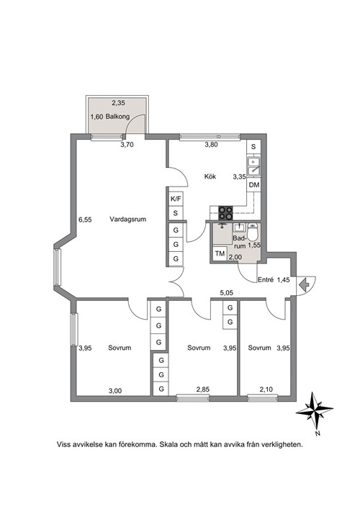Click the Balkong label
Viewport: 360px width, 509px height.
[x=117, y=117]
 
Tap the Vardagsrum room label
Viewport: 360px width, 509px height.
[x=128, y=219]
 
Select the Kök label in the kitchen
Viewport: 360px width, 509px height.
[x=210, y=176]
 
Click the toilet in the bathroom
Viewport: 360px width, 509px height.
[x=253, y=232]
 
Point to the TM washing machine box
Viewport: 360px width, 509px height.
[x=220, y=253]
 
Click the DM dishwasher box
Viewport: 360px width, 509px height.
[x=254, y=185]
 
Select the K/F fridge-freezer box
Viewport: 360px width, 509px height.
[x=176, y=199]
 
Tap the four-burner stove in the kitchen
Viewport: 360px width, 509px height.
[x=225, y=213]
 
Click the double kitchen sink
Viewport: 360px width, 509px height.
[x=253, y=166]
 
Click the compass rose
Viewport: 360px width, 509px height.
[x=314, y=410]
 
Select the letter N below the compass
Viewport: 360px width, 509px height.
[x=318, y=433]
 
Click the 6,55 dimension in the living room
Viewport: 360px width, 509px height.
[x=85, y=220]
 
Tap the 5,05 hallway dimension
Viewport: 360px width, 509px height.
[x=226, y=293]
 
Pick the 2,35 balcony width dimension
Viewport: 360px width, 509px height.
[x=119, y=103]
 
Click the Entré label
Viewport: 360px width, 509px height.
[x=266, y=279]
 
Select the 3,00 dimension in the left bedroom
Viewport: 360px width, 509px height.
[x=115, y=391]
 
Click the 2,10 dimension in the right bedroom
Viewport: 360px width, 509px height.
[x=266, y=389]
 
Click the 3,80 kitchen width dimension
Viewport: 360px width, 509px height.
[x=211, y=145]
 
